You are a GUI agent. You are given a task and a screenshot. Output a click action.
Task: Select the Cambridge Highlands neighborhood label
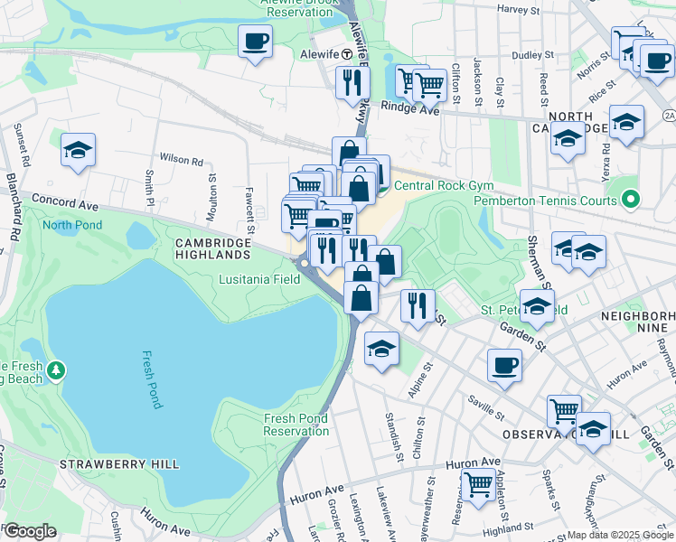point(213,250)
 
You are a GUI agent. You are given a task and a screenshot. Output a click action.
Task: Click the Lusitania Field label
point(259,279)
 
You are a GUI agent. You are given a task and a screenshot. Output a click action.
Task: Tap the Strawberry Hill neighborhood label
point(119,464)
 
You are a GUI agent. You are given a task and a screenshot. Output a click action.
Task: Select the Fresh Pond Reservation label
point(296,425)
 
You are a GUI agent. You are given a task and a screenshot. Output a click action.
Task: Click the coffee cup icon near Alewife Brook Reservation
point(255,41)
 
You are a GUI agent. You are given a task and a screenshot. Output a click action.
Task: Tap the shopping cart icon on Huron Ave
point(478,484)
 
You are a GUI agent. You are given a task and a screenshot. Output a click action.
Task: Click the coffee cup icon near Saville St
point(504,366)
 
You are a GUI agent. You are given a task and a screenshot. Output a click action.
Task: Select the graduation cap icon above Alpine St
point(382,349)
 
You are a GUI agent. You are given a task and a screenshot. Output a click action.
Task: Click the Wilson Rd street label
point(184,160)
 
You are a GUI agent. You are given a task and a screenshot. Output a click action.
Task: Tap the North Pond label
point(71,225)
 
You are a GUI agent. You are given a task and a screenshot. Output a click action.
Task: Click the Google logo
point(30,531)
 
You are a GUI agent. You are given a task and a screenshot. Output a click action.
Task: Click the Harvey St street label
point(518,9)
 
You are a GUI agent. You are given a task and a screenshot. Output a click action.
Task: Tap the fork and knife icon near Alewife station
point(352,82)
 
